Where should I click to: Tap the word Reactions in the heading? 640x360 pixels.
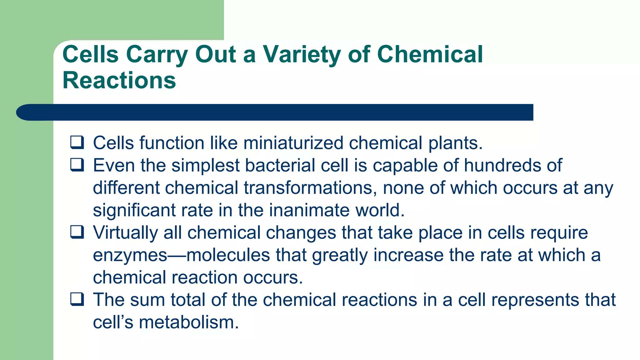click(119, 80)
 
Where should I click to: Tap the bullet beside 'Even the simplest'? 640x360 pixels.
click(77, 165)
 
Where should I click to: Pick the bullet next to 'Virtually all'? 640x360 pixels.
click(77, 232)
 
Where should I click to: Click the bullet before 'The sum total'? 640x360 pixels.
click(77, 299)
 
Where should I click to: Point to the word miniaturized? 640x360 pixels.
click(293, 143)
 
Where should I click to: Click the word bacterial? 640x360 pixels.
click(280, 165)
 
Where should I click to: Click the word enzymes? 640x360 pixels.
click(130, 256)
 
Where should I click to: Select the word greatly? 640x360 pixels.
click(340, 256)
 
